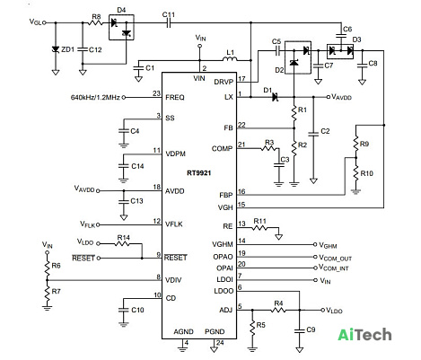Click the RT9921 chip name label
pos(199,173)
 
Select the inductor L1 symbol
pos(230,58)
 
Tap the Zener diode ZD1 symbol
pos(56,49)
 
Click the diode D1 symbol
pos(276,97)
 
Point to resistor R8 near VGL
pos(96,22)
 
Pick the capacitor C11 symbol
pos(169,22)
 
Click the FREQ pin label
pos(175,97)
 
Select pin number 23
pos(156,93)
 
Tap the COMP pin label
pos(222,149)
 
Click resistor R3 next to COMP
pos(269,148)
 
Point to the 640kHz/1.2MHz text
pos(95,97)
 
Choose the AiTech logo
pos(364,335)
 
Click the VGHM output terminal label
pos(328,246)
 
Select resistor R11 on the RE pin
pos(259,228)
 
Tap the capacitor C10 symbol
pos(123,310)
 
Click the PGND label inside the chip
pos(215,331)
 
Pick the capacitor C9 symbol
pos(299,330)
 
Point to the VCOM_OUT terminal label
pos(335,258)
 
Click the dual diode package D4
pos(121,27)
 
